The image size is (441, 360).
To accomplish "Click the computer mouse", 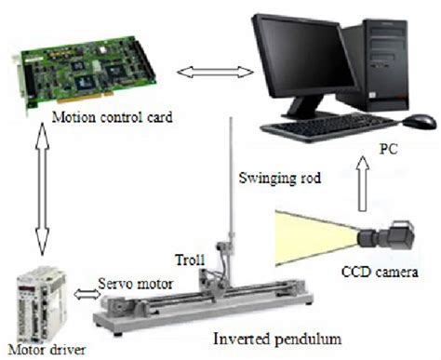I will coord(421,121).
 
